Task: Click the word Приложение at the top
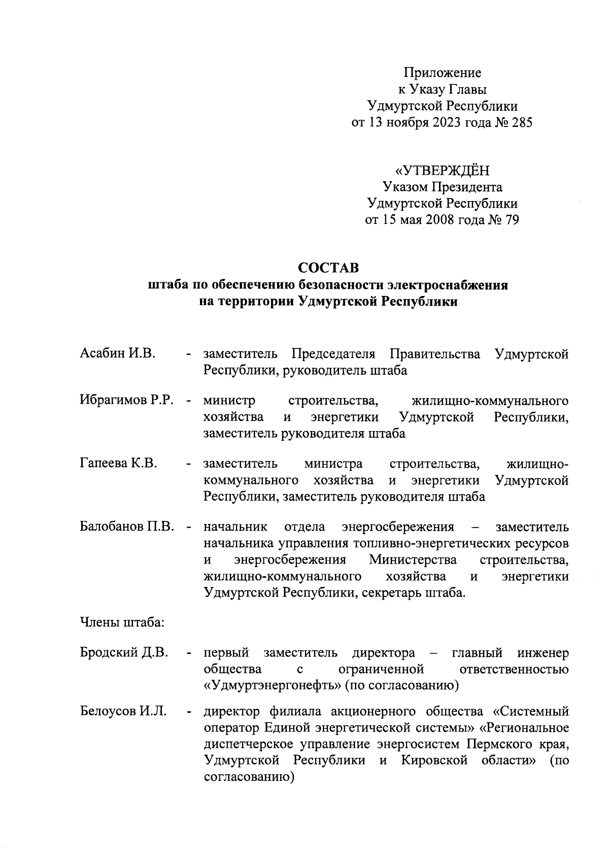442,73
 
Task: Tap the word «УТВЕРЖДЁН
442,171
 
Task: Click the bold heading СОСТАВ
328,267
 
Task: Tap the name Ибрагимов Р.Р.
127,401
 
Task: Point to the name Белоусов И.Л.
123,711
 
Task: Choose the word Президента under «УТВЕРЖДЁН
467,187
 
